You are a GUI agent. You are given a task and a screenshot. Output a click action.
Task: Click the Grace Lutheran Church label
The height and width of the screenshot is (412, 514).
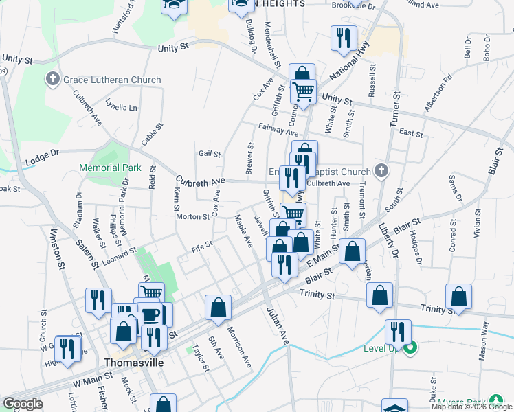coord(112,80)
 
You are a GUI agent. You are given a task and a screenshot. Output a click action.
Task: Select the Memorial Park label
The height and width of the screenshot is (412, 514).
coord(110,168)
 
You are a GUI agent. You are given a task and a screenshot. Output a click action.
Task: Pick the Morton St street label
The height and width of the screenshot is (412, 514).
coord(192,217)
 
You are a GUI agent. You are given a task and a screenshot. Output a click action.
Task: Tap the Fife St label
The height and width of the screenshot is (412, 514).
coord(203,244)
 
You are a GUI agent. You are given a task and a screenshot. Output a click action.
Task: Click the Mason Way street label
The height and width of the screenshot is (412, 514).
coord(485,341)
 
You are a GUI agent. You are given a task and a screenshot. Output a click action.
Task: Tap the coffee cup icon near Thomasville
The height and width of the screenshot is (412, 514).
coord(151,314)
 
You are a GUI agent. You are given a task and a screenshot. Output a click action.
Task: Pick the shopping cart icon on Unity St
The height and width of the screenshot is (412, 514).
coord(302,91)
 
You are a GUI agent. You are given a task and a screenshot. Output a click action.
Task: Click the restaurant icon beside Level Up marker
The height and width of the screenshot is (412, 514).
coord(396,332)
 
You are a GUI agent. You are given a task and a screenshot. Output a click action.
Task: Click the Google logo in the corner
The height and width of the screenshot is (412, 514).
coord(23,404)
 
